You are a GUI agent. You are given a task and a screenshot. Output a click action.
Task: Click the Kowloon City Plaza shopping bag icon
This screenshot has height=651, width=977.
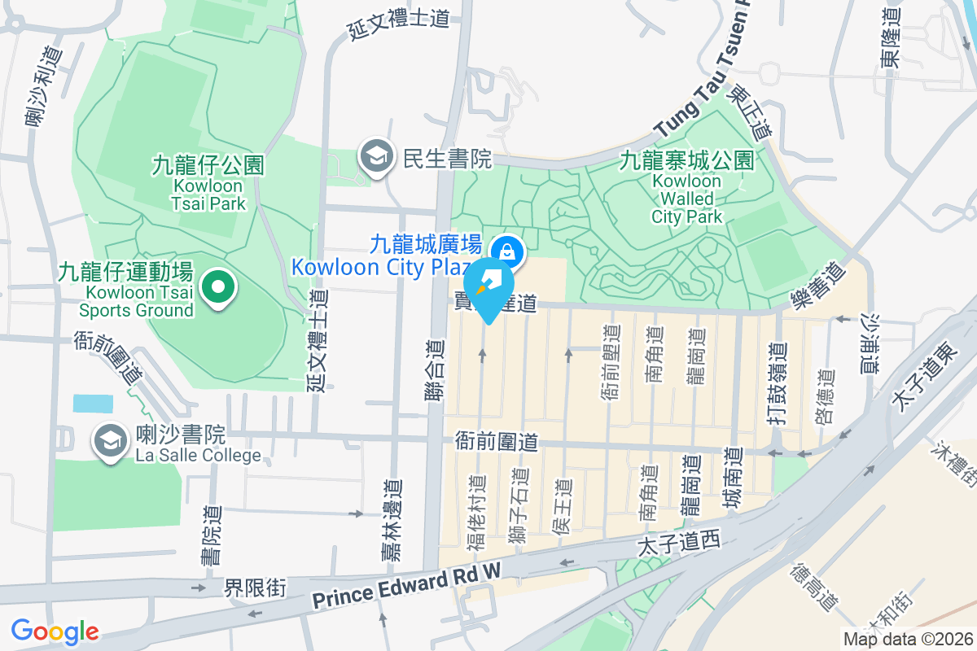click(x=507, y=250)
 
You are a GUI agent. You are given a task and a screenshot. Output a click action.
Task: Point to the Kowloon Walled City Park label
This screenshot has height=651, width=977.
click(x=686, y=188)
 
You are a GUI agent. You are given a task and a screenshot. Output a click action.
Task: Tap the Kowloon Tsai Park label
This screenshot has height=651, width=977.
click(x=208, y=184)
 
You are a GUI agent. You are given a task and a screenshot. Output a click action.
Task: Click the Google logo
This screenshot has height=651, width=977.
click(x=55, y=631)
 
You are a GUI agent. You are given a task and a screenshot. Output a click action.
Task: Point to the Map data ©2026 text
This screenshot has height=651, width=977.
click(x=907, y=639)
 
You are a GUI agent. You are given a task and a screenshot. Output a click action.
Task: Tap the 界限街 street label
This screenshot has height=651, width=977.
click(x=256, y=588)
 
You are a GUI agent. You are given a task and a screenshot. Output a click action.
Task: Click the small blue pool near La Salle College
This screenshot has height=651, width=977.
click(x=93, y=403)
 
